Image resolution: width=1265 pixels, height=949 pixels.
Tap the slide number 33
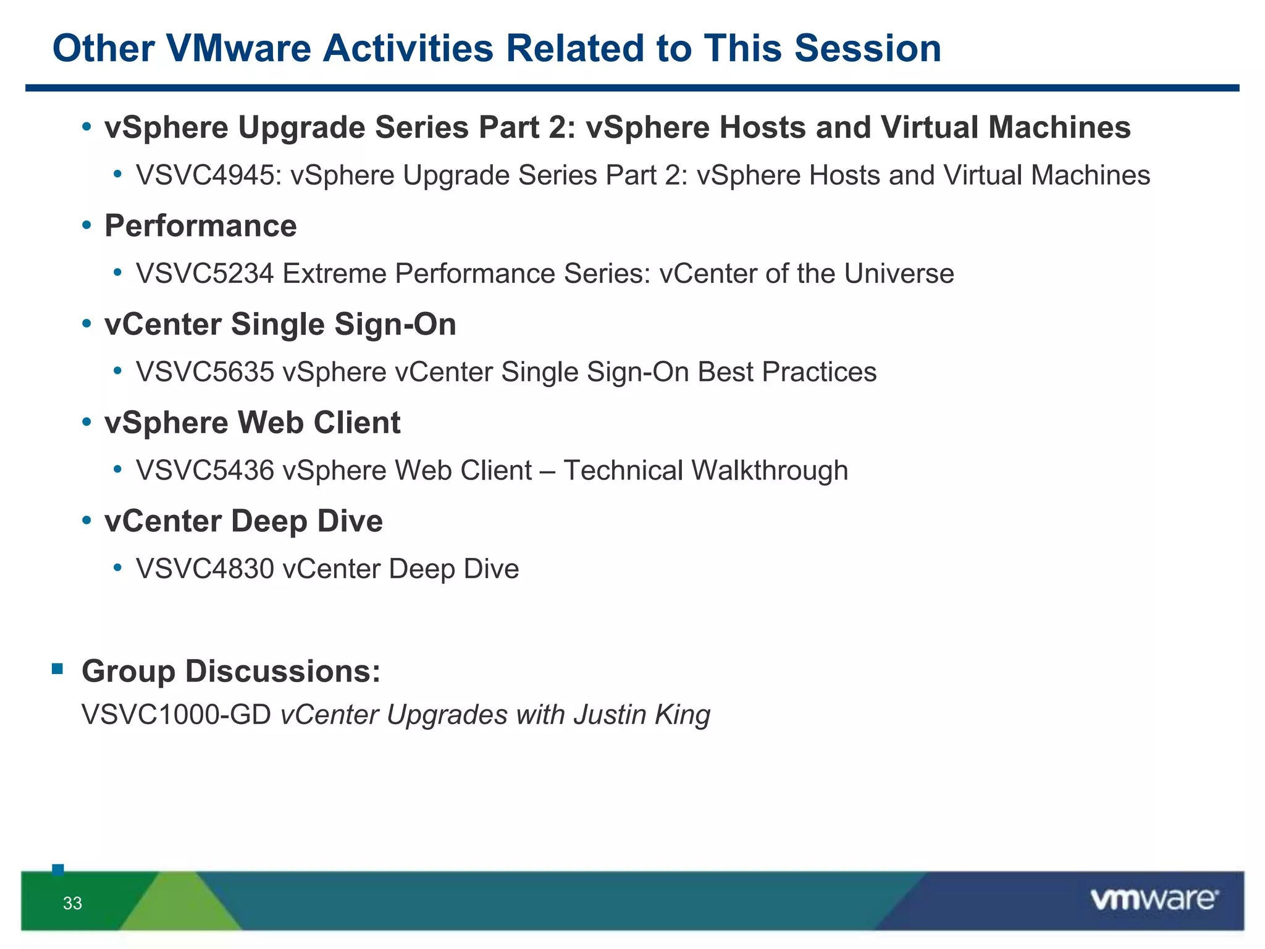click(72, 903)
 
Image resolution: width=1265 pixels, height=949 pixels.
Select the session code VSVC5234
click(205, 274)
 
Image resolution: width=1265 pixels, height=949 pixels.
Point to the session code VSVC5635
click(205, 372)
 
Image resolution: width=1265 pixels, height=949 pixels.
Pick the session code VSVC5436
click(205, 470)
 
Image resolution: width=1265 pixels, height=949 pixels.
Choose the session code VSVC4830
click(205, 569)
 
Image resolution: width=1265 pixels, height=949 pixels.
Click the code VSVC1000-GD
click(177, 715)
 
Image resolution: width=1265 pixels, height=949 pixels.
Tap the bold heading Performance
click(201, 226)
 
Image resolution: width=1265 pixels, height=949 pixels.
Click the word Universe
click(899, 274)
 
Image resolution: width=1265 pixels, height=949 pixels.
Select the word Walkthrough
click(769, 470)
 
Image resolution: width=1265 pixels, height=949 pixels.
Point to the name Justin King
click(642, 715)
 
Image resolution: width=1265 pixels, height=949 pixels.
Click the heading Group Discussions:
click(232, 671)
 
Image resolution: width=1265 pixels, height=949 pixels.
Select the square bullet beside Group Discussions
click(57, 669)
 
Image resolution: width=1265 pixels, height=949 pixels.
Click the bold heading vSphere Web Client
click(253, 423)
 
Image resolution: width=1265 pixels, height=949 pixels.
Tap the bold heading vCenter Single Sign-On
click(280, 324)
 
